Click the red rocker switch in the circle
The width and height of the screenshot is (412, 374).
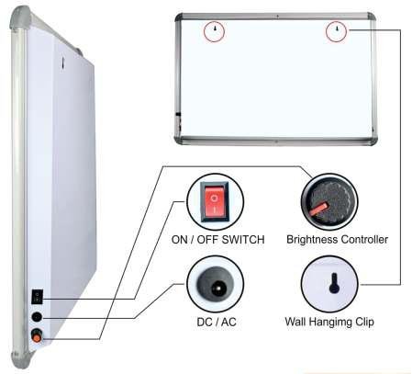coord(215,201)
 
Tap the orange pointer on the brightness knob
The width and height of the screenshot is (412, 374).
coord(318,210)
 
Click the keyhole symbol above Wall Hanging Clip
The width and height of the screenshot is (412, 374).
coord(334,283)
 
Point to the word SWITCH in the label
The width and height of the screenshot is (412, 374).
coord(243,240)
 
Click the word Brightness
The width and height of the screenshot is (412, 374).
coord(312,240)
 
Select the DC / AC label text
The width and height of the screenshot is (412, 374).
coord(217,322)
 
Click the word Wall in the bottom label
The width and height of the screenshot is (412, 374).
coord(295,322)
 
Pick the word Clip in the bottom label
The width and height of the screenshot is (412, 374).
coord(364,323)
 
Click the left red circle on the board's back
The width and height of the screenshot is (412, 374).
coord(215,31)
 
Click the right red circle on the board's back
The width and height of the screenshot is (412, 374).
coord(336,31)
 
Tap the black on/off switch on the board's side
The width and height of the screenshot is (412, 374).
coord(38,297)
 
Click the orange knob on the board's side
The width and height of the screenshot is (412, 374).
coord(37,337)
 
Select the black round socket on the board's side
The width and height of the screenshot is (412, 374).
coord(37,317)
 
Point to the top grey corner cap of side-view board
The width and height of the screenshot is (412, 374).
coord(20,19)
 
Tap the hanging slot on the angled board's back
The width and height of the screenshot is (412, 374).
coord(62,62)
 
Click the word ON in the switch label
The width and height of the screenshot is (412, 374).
coord(179,240)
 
